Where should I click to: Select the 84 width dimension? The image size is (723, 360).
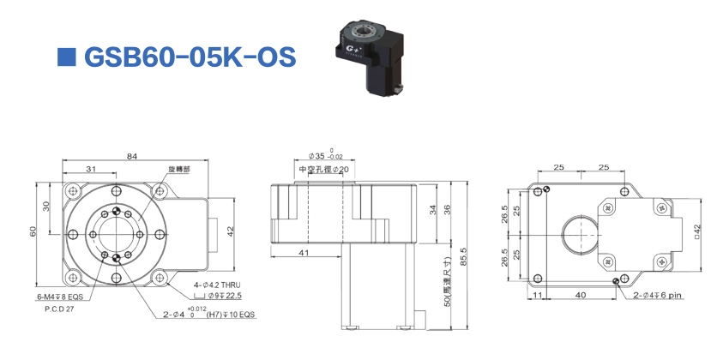click(x=131, y=155)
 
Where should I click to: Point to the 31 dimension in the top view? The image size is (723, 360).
click(x=90, y=170)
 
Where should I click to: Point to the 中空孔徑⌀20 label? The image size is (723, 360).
click(x=325, y=170)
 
